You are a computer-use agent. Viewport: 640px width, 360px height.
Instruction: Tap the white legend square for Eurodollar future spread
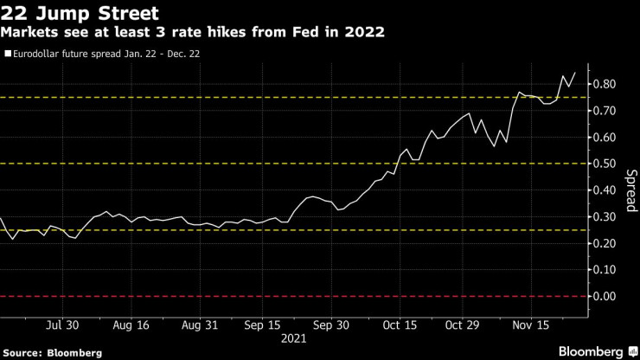click(x=8, y=53)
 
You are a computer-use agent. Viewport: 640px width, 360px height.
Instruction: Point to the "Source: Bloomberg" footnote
click(x=53, y=352)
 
